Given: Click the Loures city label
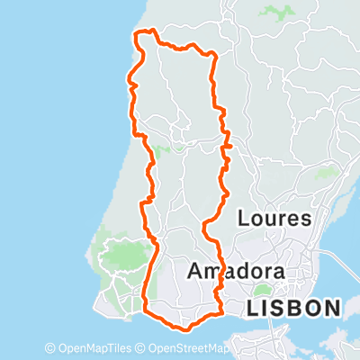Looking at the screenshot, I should [x=274, y=219].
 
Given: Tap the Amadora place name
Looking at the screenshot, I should [x=236, y=271].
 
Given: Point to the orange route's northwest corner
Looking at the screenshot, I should [x=136, y=34].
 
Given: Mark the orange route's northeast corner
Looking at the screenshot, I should [x=213, y=55].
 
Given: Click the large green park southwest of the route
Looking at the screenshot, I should [x=121, y=256].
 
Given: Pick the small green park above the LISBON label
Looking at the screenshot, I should [x=262, y=290].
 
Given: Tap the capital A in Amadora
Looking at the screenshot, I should [x=193, y=271].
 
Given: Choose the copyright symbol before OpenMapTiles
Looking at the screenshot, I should [x=50, y=348].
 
